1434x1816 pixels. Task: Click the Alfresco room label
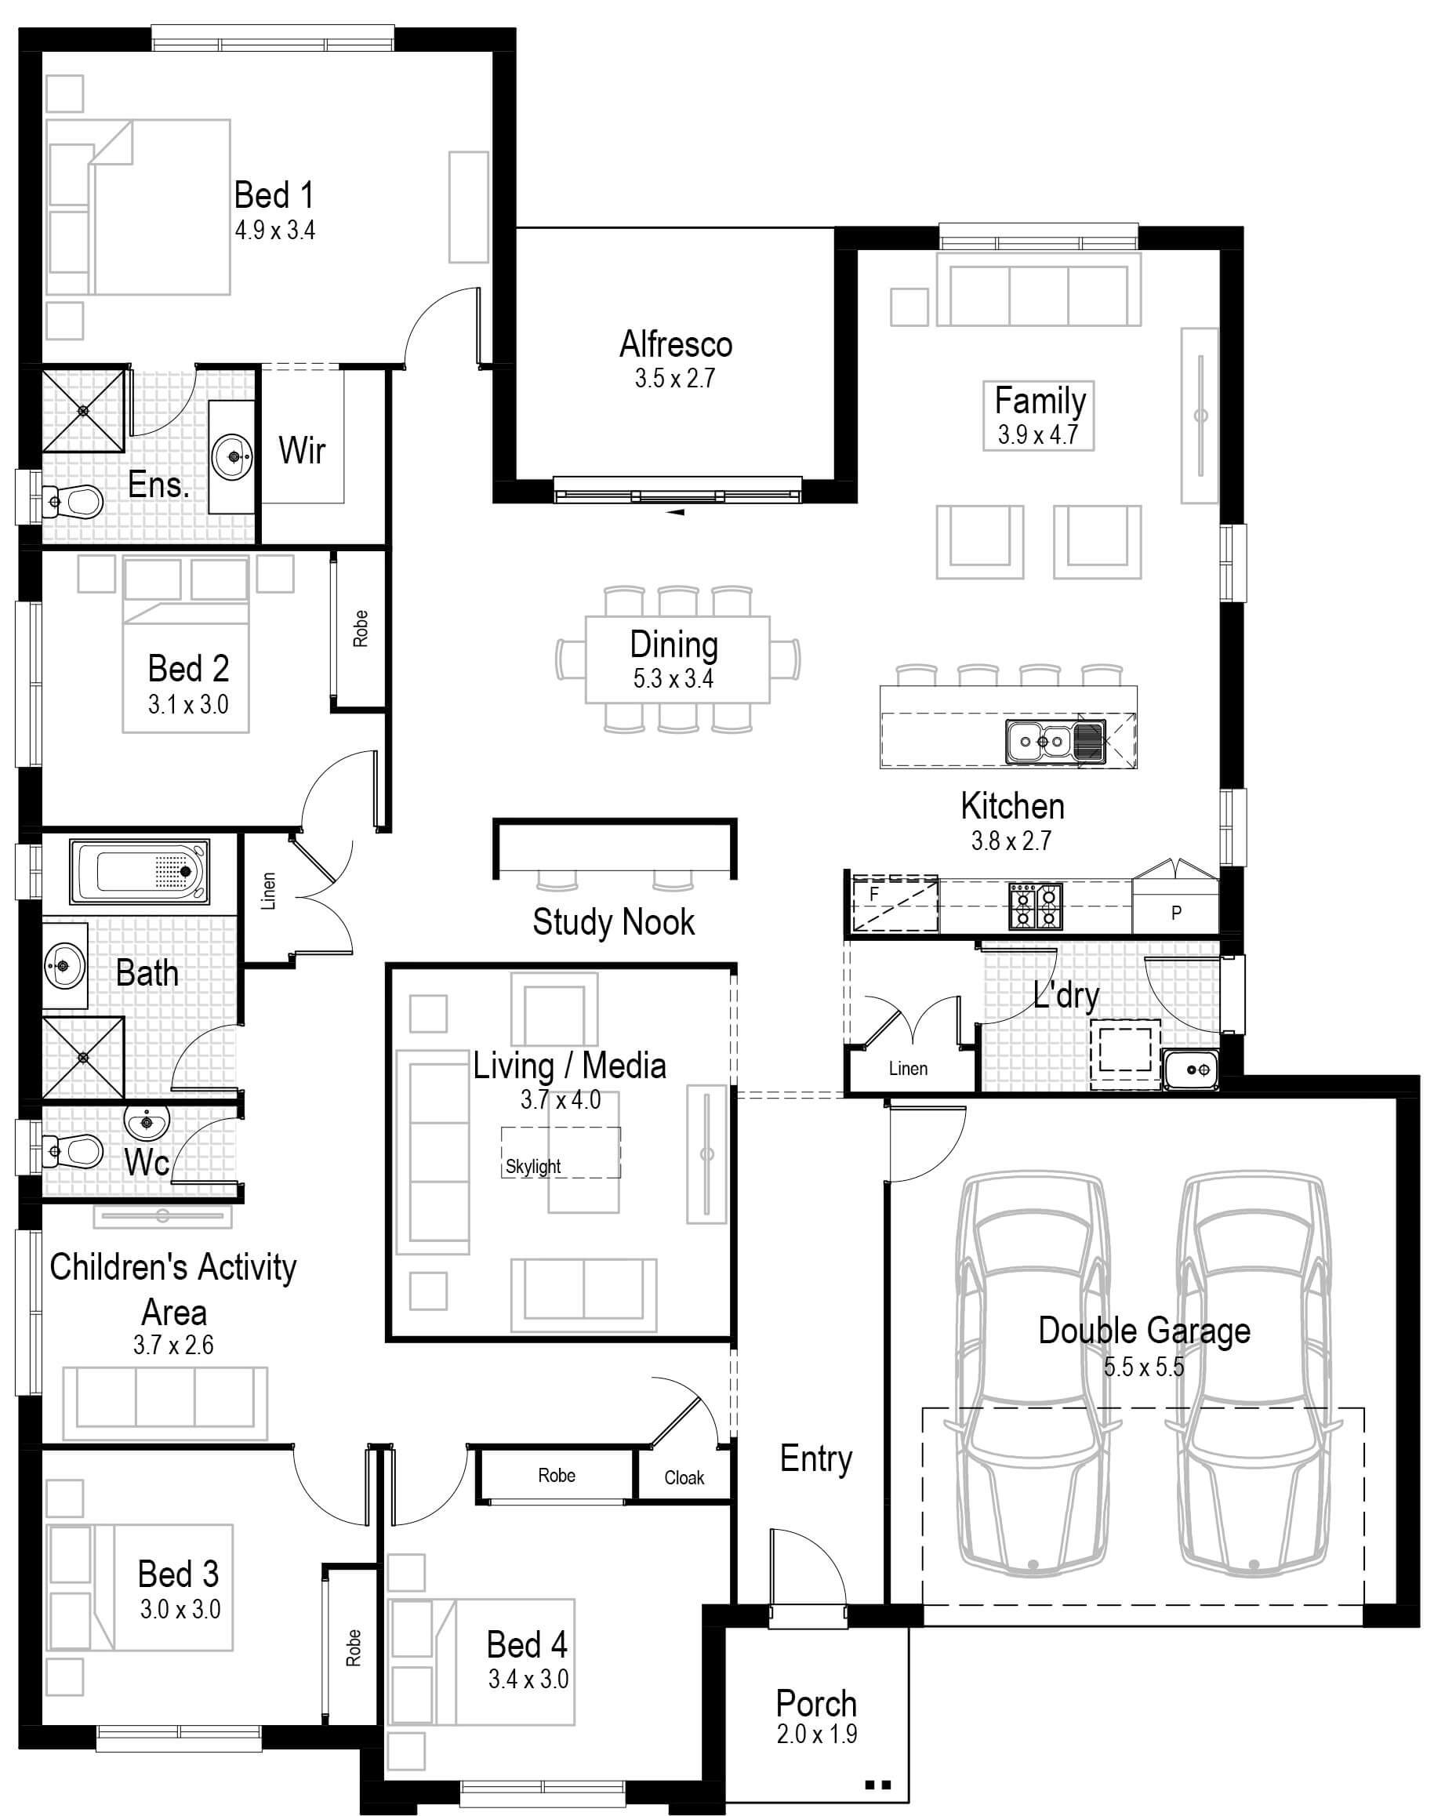676,345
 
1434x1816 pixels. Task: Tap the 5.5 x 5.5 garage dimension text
1143,1367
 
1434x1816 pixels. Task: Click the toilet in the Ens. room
75,502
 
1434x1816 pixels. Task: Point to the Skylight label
533,1166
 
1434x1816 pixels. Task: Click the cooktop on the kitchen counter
1035,906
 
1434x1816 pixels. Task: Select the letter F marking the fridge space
874,895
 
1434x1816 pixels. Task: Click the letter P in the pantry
1175,913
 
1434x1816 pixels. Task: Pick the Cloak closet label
684,1477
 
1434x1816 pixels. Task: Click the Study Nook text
613,922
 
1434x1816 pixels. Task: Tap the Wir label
303,451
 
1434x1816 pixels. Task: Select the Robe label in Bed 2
360,628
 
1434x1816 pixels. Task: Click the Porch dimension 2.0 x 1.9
817,1734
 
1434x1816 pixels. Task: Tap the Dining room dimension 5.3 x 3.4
673,678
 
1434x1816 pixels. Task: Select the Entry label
815,1458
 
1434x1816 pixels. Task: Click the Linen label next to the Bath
269,891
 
